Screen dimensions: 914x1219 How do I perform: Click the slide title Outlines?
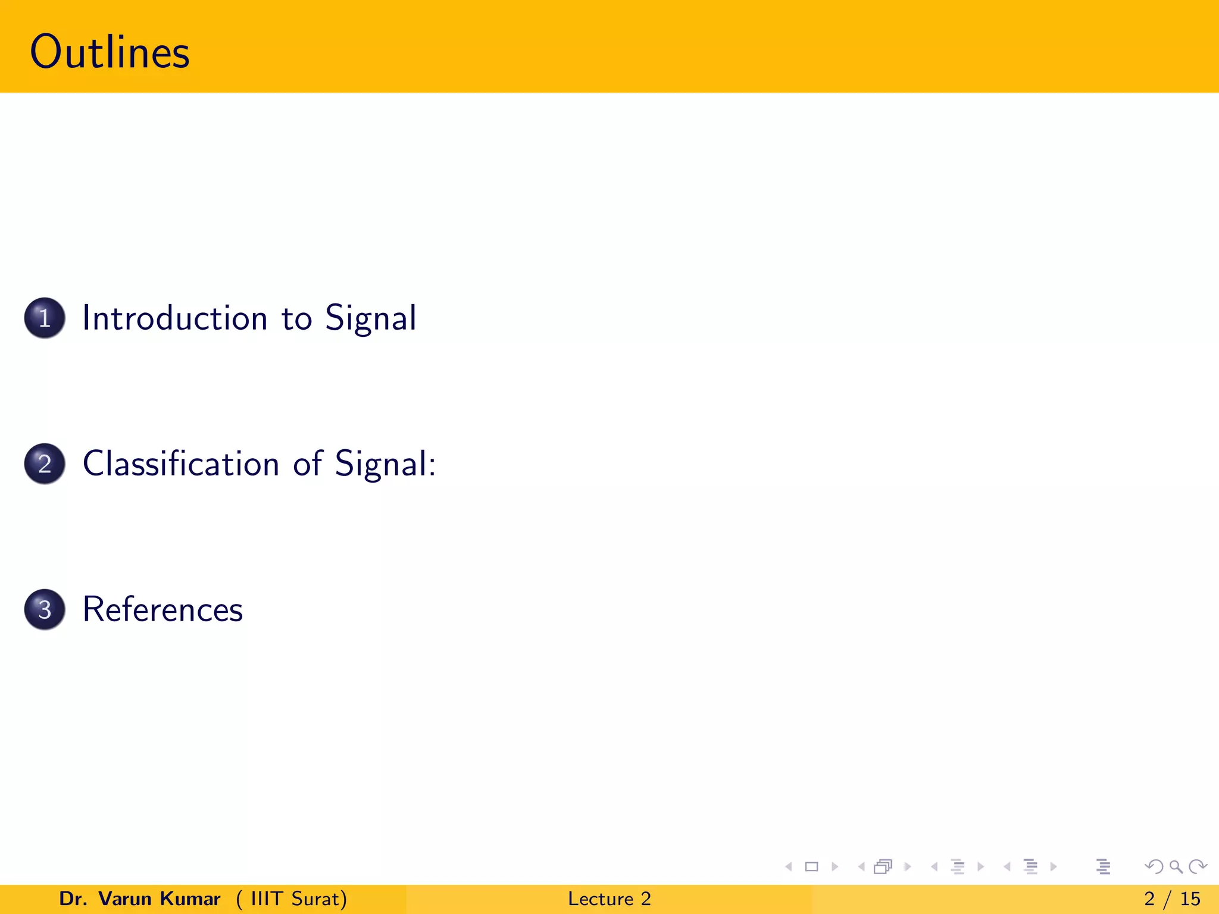coord(110,52)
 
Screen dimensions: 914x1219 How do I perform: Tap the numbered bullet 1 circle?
coord(45,318)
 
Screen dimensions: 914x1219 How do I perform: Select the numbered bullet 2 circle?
coord(45,464)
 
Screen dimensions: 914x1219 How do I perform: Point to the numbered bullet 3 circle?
coord(45,609)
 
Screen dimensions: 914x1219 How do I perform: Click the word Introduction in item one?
coord(175,318)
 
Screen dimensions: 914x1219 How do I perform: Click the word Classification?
coord(181,464)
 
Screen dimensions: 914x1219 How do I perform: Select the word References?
coord(162,609)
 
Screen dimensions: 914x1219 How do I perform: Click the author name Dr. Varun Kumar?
coord(140,899)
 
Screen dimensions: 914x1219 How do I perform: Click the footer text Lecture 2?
coord(609,899)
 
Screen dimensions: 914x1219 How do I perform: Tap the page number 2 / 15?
coord(1172,899)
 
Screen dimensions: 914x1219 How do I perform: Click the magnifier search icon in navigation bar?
coord(1176,867)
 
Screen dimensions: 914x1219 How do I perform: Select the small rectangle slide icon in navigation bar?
coord(811,867)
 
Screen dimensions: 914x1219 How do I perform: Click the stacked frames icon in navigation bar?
coord(883,867)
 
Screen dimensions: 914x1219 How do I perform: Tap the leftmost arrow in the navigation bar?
coord(789,867)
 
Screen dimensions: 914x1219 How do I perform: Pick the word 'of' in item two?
coord(308,464)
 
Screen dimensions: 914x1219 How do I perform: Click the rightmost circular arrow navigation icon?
coord(1198,867)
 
